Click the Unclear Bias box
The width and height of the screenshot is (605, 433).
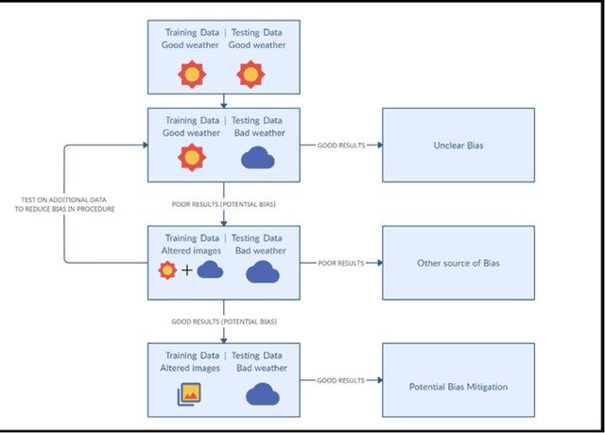(x=458, y=145)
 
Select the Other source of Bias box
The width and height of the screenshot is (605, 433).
(x=458, y=263)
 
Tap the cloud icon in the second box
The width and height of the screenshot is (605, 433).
(x=257, y=157)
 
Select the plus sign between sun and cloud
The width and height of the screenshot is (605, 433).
(x=186, y=272)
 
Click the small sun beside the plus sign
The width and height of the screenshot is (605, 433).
(x=168, y=272)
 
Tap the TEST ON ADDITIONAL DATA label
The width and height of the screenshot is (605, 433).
(x=67, y=204)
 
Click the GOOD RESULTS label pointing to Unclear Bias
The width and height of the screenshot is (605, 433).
(x=340, y=146)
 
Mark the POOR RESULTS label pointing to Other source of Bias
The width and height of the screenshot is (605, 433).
(x=340, y=263)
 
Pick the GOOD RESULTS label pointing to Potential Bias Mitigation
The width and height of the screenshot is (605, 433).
(x=340, y=380)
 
